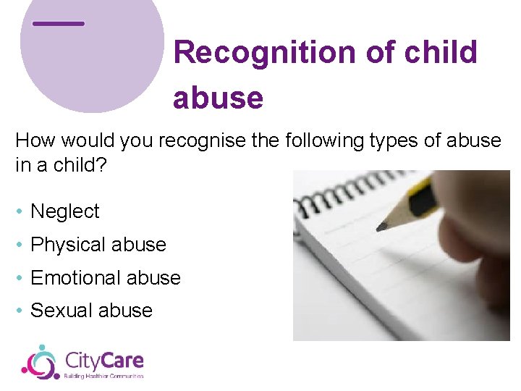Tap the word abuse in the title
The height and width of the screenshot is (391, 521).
click(218, 97)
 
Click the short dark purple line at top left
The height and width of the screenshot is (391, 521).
click(59, 23)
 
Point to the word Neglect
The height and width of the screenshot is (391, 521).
click(65, 211)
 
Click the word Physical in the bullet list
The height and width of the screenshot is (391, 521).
click(67, 245)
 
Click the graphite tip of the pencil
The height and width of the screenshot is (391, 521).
click(381, 227)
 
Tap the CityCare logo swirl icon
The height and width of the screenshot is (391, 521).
click(41, 361)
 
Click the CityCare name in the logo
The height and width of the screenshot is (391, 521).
click(104, 360)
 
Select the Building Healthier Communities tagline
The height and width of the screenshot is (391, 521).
click(104, 376)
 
